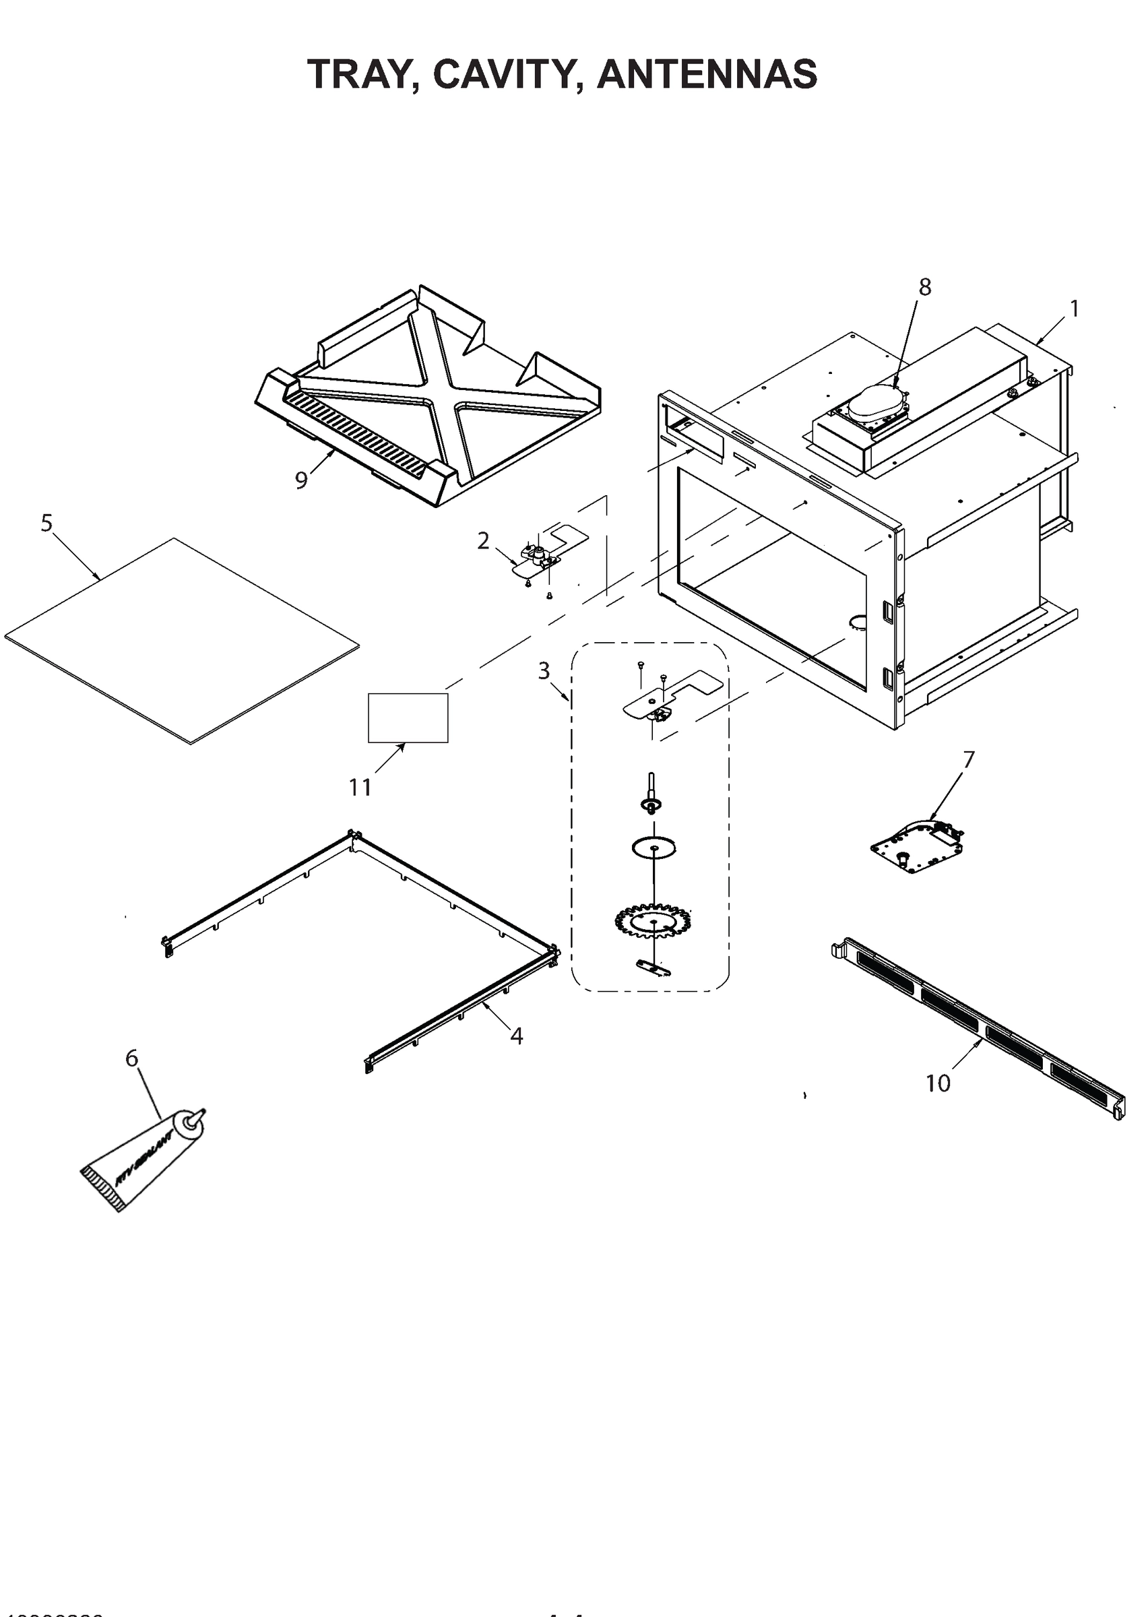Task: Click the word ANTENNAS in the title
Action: click(707, 74)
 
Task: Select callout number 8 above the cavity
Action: click(924, 287)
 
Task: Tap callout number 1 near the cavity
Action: click(1074, 309)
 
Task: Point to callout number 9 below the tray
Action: click(302, 480)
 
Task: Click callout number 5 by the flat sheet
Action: click(46, 524)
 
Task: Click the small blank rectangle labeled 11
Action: click(408, 718)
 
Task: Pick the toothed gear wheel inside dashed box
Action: click(654, 921)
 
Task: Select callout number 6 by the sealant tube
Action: click(132, 1058)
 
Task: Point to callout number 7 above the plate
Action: click(968, 760)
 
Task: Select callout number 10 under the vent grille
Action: click(938, 1083)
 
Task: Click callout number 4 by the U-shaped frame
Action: click(517, 1036)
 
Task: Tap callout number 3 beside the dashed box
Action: click(544, 670)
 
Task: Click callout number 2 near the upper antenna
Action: click(484, 541)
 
